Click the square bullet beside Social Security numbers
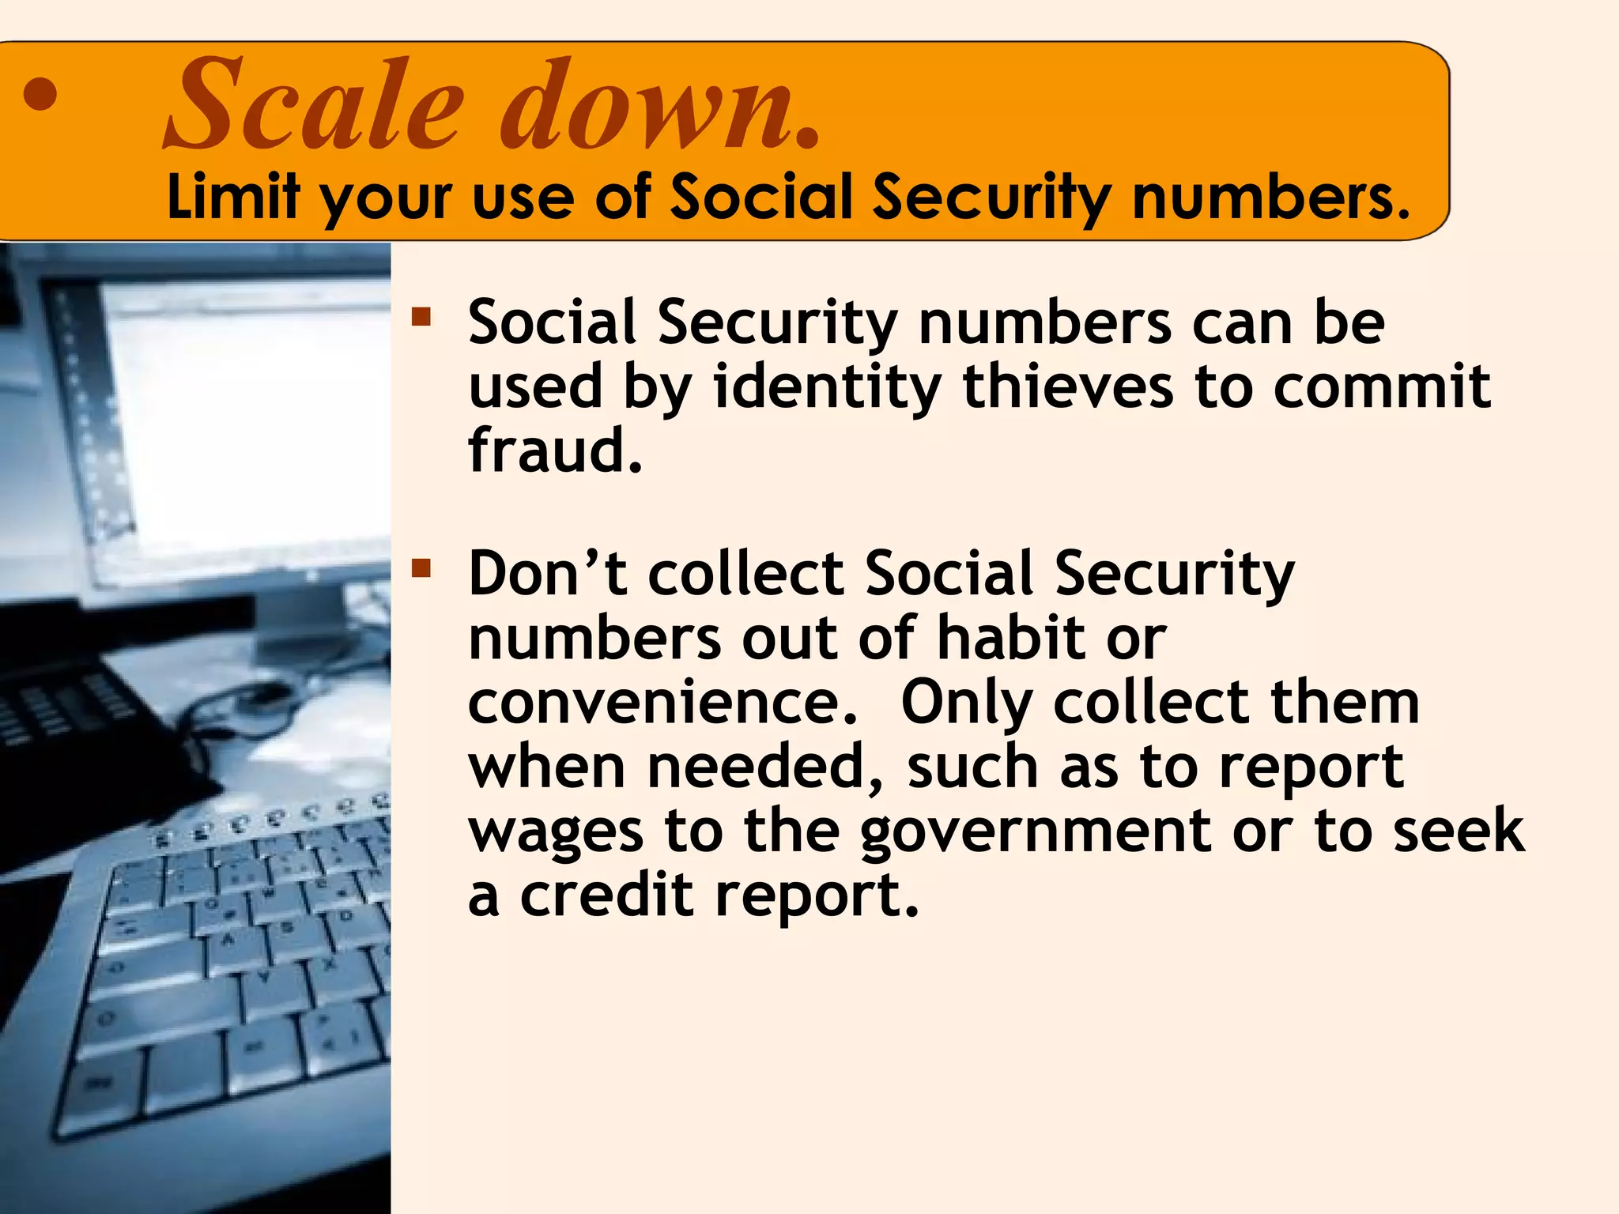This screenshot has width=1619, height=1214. (421, 318)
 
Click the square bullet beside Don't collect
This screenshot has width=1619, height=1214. (421, 568)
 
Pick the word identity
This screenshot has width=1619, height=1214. (827, 387)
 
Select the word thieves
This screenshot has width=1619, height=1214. (1067, 387)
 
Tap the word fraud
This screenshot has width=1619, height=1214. (555, 451)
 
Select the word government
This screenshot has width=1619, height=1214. (1036, 831)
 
